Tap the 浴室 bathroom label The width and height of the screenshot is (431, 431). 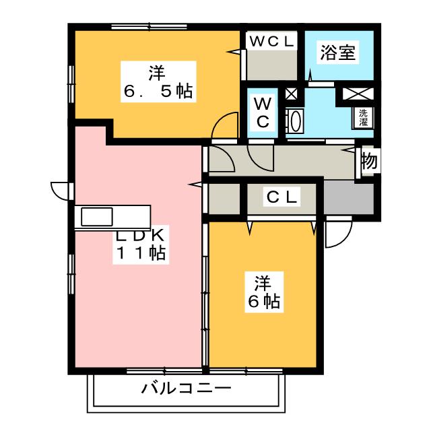(x=338, y=53)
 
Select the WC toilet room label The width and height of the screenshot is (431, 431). (x=262, y=112)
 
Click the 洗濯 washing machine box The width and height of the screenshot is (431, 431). (x=364, y=119)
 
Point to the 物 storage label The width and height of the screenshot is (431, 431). (x=368, y=162)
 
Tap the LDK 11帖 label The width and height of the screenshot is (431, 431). (x=139, y=245)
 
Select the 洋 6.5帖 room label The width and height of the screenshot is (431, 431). (x=159, y=81)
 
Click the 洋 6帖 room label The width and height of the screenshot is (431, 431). (x=263, y=291)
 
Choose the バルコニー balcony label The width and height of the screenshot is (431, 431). (x=187, y=389)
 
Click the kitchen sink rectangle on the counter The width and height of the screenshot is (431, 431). (x=98, y=217)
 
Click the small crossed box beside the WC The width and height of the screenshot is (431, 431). (x=292, y=94)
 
